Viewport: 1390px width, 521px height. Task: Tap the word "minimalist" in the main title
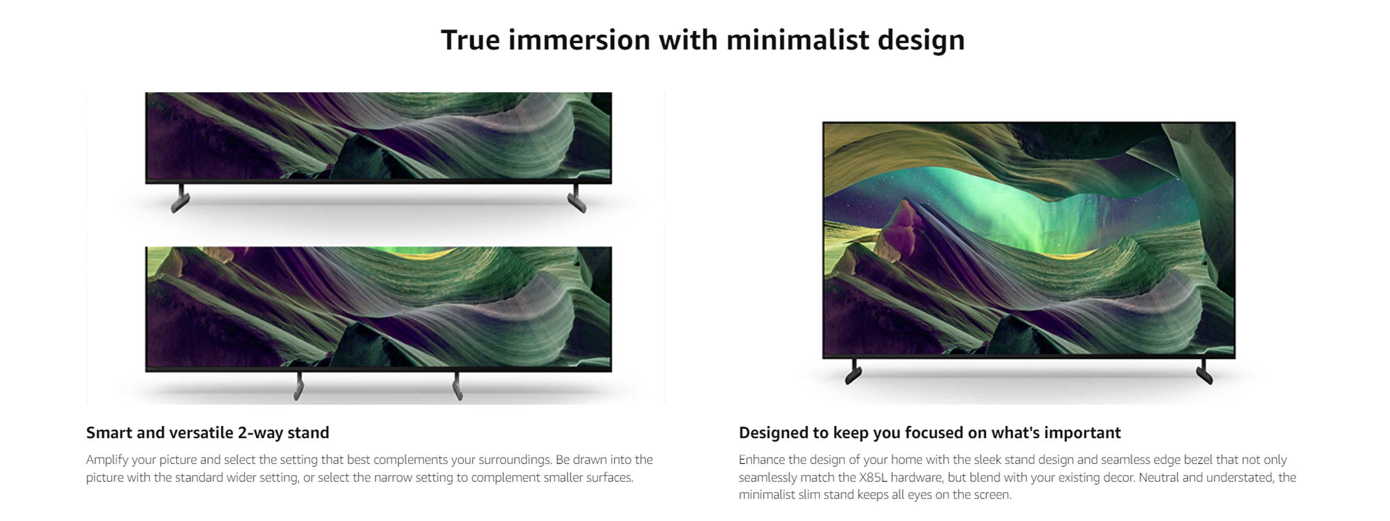click(797, 41)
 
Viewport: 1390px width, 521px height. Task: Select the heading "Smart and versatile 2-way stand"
click(208, 432)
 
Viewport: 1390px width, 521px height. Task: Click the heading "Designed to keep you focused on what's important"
click(930, 432)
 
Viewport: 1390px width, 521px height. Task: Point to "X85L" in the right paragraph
click(873, 477)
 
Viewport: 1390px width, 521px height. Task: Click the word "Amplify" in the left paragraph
click(107, 460)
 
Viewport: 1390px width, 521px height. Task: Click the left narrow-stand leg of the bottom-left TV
click(299, 386)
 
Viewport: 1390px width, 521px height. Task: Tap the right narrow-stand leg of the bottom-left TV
click(458, 386)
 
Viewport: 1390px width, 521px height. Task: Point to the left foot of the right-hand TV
click(853, 371)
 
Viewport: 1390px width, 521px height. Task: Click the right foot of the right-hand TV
click(1204, 371)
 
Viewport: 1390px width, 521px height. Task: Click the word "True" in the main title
click(470, 41)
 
